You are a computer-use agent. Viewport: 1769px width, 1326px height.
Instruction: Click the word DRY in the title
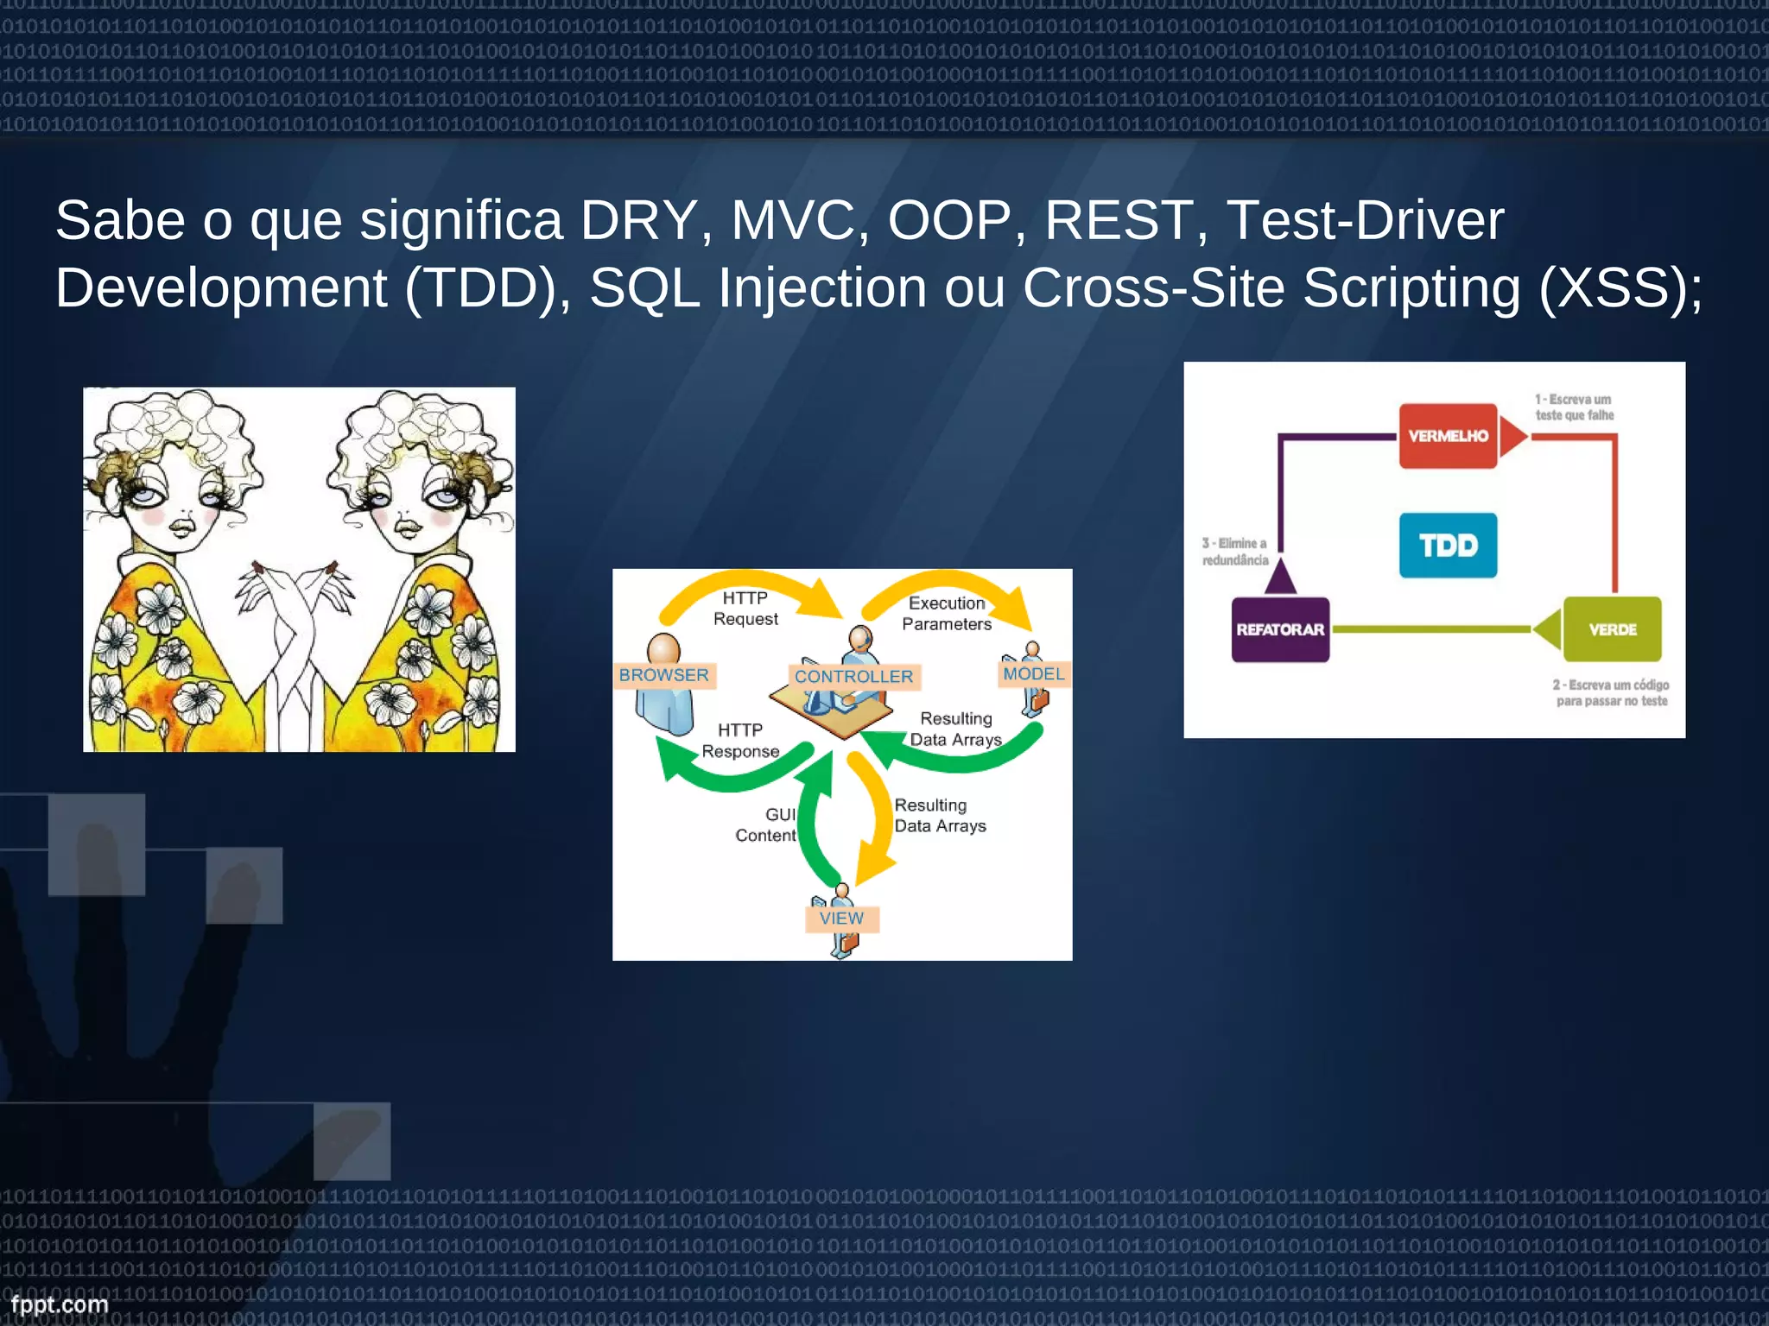pos(637,221)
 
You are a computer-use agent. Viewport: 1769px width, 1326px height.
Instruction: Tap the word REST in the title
pos(1119,221)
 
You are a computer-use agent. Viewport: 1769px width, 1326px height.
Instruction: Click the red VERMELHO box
pos(1448,436)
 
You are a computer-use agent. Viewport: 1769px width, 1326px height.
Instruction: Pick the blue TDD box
pos(1448,546)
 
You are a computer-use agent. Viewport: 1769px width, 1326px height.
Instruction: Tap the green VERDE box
pos(1612,629)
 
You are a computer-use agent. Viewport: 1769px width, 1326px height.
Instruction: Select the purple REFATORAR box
pos(1279,629)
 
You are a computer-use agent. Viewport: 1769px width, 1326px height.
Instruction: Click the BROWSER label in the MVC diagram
pos(663,675)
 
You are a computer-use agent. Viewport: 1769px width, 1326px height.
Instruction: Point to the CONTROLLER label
pos(853,677)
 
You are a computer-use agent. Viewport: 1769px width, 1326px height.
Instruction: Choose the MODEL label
pos(1034,674)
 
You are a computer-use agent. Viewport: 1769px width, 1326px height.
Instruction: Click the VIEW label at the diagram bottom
pos(841,919)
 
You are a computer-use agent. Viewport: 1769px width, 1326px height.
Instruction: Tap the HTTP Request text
pos(745,609)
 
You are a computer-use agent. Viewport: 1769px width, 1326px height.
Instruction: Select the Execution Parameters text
pos(947,614)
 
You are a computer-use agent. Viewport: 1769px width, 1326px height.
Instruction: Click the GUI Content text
pos(767,825)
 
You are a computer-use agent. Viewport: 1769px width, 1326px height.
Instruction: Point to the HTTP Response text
pos(740,741)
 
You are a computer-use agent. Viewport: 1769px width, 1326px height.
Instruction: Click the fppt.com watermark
pos(60,1304)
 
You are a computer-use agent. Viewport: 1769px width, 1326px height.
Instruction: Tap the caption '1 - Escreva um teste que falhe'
pos(1574,407)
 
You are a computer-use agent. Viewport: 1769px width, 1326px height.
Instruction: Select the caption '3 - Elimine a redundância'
pos(1235,552)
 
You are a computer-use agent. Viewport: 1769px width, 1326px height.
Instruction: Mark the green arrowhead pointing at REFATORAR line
pos(1547,629)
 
